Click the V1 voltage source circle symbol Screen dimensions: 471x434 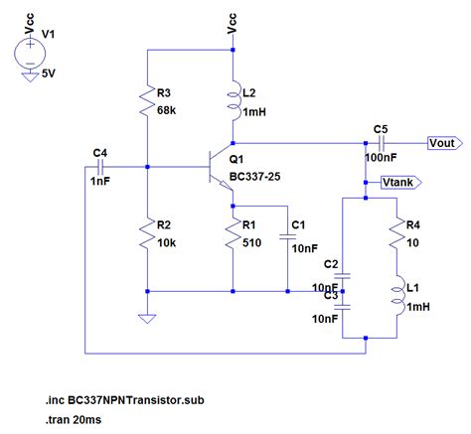pyautogui.click(x=30, y=54)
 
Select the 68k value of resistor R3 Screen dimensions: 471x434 pyautogui.click(x=166, y=110)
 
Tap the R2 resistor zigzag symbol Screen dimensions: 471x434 pyautogui.click(x=147, y=233)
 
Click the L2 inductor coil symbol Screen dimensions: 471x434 pyautogui.click(x=234, y=100)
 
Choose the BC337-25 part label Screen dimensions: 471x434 pyautogui.click(x=254, y=177)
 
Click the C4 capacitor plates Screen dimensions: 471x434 pyautogui.click(x=100, y=167)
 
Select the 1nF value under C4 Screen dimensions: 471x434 pyautogui.click(x=100, y=181)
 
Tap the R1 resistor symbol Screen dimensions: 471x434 pyautogui.click(x=233, y=233)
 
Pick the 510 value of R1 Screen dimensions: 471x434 pyautogui.click(x=251, y=242)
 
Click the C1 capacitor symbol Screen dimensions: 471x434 pyautogui.click(x=287, y=236)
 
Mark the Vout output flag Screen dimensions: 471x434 pyautogui.click(x=444, y=143)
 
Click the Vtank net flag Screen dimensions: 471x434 pyautogui.click(x=401, y=183)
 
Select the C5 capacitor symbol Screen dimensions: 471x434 pyautogui.click(x=382, y=143)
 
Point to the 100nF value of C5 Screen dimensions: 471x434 pyautogui.click(x=381, y=157)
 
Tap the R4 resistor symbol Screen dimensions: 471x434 pyautogui.click(x=396, y=233)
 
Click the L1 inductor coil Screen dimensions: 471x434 pyautogui.click(x=396, y=295)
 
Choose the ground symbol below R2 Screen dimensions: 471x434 pyautogui.click(x=147, y=319)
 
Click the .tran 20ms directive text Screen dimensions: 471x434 pyautogui.click(x=74, y=420)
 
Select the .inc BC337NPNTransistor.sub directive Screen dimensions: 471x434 pyautogui.click(x=125, y=400)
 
